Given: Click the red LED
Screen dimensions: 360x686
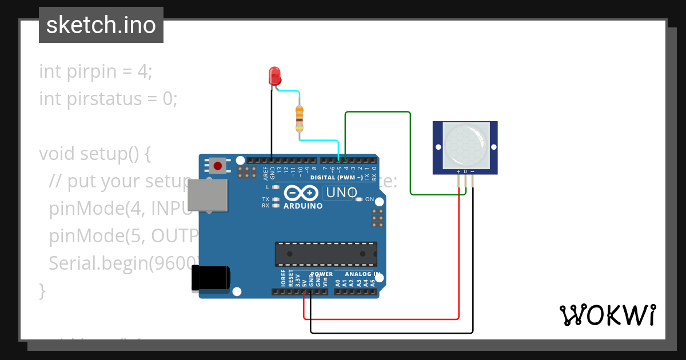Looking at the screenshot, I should pos(274,76).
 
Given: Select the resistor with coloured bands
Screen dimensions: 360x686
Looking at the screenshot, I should pos(299,119).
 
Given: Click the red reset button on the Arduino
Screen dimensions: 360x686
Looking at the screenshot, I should pos(217,166).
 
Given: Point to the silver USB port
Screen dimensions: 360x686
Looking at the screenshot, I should pos(207,196).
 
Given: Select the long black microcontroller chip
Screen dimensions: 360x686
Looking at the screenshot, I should pos(326,254).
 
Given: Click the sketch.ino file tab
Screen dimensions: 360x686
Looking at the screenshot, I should pos(101,25).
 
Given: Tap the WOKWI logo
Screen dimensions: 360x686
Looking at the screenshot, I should pos(607,315).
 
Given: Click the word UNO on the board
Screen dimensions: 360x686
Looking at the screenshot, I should pos(341,193).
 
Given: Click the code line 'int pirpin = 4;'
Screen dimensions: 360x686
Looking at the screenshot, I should pos(95,71).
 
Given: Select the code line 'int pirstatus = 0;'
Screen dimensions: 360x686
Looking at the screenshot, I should pos(108,99).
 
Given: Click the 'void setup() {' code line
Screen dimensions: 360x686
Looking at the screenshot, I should pos(94,154).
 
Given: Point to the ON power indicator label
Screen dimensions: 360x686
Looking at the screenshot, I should pos(369,199).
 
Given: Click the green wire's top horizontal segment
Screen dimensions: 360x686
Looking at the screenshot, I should pos(377,112).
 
